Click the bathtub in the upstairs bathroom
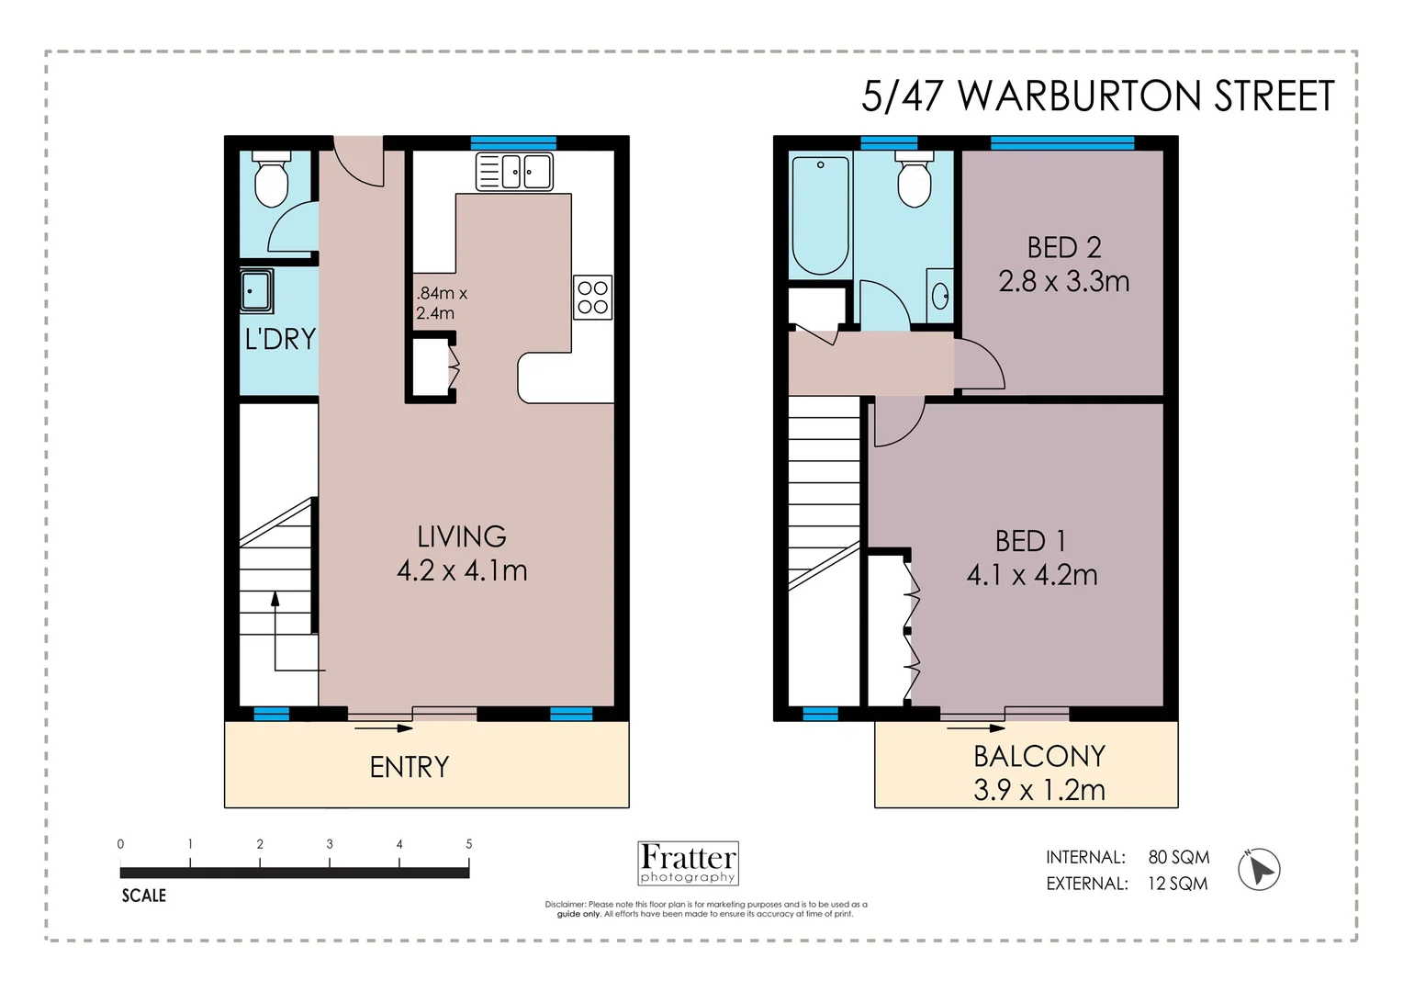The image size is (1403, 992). click(x=820, y=216)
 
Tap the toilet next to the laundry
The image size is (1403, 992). click(x=271, y=180)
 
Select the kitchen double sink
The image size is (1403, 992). click(x=514, y=172)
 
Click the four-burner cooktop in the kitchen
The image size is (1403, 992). click(x=592, y=298)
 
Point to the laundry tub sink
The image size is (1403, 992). click(x=256, y=291)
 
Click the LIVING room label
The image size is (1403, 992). click(x=462, y=537)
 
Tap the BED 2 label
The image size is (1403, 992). click(x=1063, y=248)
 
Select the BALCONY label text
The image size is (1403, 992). click(x=1038, y=757)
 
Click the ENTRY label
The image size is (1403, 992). click(x=410, y=767)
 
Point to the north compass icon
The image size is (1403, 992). click(x=1259, y=869)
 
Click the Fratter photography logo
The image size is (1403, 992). click(x=688, y=863)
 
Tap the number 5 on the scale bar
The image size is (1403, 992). click(x=469, y=844)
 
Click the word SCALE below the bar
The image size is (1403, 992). click(x=144, y=896)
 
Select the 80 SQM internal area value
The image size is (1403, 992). click(x=1178, y=857)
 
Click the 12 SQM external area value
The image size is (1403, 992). click(x=1177, y=884)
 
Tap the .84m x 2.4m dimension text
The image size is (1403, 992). click(x=441, y=303)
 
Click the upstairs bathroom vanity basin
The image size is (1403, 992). click(x=939, y=296)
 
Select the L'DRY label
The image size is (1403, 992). click(x=280, y=340)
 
